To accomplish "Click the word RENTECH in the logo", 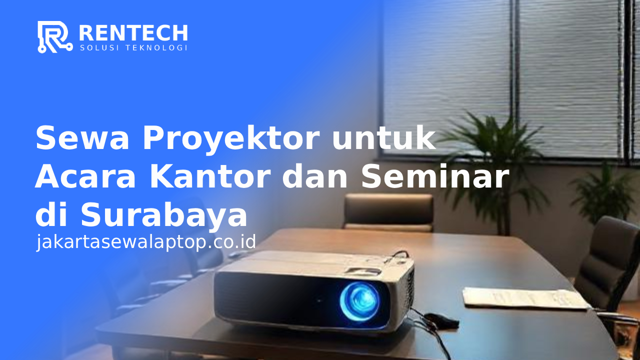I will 133,33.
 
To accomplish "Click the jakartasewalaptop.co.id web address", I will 146,241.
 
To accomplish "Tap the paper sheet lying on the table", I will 524,298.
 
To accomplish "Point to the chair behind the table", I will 388,211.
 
